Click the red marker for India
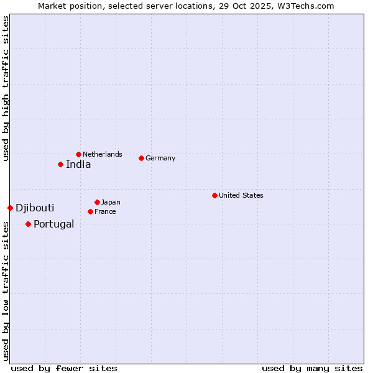coord(60,164)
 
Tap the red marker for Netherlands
coord(78,154)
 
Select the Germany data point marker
coord(141,158)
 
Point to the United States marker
coord(214,195)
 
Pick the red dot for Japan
coord(97,202)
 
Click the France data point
coord(90,211)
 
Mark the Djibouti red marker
coord(10,208)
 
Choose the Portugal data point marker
coord(28,224)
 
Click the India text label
coord(78,165)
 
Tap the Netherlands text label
coord(103,154)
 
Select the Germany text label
coord(160,158)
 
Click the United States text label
coord(241,195)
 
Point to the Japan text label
coord(111,202)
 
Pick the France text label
coord(105,211)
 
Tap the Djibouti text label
coord(35,208)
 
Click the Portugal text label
coord(53,224)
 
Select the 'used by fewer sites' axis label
coord(64,368)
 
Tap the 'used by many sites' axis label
coord(312,368)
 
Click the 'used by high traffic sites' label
coord(6,88)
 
